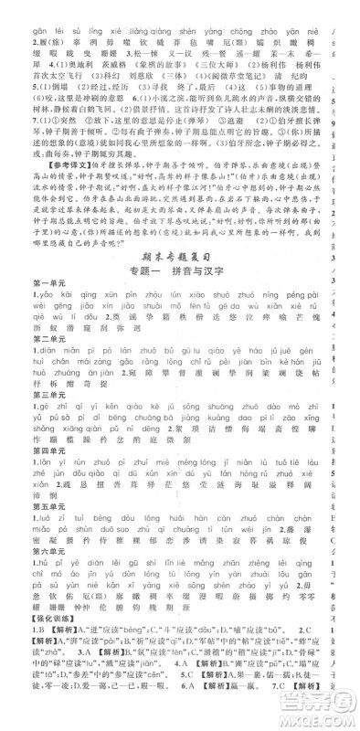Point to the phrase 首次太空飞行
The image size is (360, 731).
(32, 80)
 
